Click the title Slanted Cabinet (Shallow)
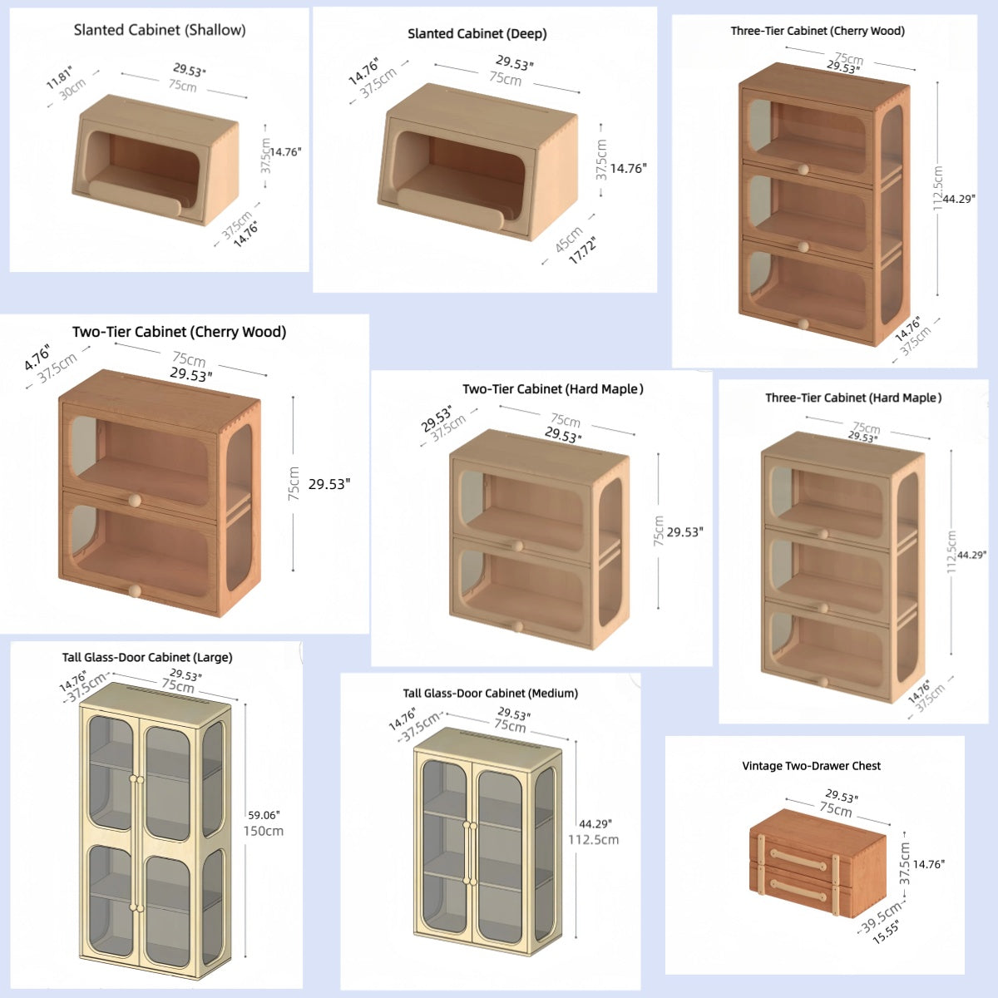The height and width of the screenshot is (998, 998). (160, 30)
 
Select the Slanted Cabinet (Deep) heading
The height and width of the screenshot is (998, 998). (477, 34)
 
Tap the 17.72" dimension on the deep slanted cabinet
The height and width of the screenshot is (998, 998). (582, 249)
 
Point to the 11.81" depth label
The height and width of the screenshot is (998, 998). (59, 77)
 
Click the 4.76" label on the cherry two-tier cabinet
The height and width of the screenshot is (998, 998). (37, 358)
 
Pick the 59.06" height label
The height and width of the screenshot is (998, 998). (264, 815)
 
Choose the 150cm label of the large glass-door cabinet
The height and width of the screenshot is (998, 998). (263, 831)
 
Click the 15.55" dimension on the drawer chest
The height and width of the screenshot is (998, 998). (887, 931)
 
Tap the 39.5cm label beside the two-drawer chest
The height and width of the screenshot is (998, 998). (880, 916)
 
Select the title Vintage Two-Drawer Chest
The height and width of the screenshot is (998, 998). (811, 766)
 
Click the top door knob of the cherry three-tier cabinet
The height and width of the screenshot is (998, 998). (803, 170)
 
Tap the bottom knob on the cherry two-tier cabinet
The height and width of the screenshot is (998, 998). (134, 590)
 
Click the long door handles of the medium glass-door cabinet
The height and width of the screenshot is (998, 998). (469, 853)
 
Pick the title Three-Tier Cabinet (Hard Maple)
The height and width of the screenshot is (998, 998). (853, 398)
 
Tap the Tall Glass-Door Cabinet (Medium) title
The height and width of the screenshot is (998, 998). (490, 694)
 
